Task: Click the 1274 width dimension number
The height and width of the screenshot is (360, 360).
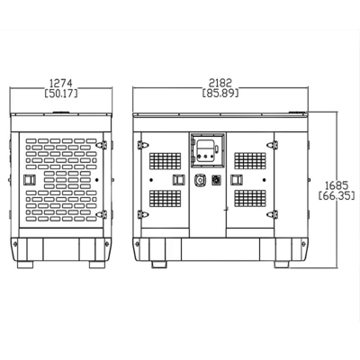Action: point(61,83)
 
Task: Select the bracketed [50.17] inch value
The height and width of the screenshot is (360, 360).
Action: point(61,94)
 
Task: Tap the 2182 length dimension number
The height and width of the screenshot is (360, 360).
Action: point(220,83)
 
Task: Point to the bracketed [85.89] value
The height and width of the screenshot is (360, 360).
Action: point(220,93)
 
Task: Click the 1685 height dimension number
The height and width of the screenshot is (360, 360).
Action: point(337,184)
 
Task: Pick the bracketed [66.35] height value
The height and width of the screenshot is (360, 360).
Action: point(337,195)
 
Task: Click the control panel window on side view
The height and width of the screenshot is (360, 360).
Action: point(207,150)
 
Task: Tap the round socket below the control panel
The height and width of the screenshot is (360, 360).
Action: point(200,180)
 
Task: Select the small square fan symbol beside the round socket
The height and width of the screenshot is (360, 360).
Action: point(216,180)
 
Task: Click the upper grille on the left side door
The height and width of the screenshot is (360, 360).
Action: point(166,161)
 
